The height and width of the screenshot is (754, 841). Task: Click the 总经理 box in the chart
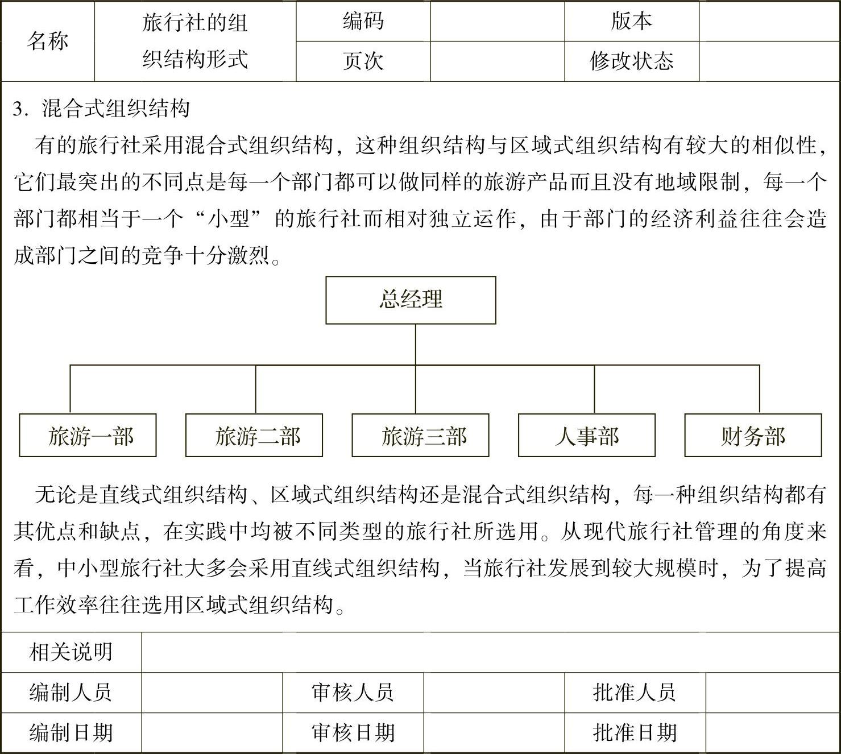[411, 300]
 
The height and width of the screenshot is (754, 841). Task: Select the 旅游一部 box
[88, 435]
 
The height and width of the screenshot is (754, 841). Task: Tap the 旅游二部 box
[254, 435]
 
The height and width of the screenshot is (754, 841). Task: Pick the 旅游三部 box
[421, 435]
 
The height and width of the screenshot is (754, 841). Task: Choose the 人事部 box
[587, 435]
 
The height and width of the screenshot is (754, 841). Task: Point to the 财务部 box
[753, 435]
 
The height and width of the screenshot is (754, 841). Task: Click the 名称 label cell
[48, 41]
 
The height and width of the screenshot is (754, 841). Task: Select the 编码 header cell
[363, 21]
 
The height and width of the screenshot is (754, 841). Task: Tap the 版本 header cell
[632, 21]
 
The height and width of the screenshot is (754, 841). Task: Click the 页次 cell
[363, 61]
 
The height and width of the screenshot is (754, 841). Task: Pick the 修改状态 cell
[632, 61]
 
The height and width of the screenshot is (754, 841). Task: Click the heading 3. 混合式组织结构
[101, 109]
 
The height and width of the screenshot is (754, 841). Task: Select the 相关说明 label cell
[72, 652]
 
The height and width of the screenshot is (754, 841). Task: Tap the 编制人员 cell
[72, 693]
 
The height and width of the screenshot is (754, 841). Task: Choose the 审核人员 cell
[353, 693]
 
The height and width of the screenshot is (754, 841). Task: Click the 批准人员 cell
[635, 693]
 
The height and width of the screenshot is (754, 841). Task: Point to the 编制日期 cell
[72, 733]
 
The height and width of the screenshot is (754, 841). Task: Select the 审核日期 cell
[353, 733]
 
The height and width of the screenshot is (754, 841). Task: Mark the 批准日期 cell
[635, 733]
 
